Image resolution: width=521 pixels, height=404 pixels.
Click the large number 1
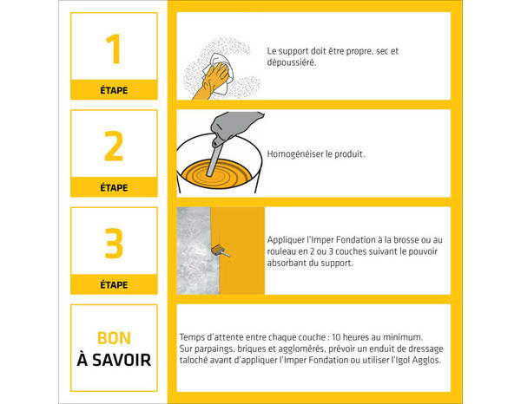click(113, 49)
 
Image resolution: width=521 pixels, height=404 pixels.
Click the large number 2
click(114, 147)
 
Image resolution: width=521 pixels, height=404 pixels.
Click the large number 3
click(114, 244)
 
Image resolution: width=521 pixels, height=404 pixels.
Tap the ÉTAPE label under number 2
click(114, 187)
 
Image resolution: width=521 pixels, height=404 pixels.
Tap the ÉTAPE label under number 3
click(114, 284)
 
